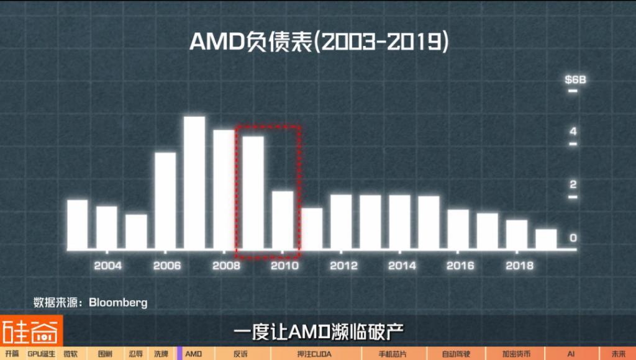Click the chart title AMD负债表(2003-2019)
coord(318,42)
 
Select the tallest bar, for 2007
coord(194,183)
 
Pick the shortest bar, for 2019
coord(546,240)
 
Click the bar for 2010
coord(282,220)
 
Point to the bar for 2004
coord(107,227)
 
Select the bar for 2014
coord(399,222)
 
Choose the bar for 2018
coord(517,235)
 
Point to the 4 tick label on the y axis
coord(573,132)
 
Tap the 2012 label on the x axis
coord(343,266)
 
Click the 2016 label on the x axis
coord(461,266)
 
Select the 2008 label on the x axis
coord(225,266)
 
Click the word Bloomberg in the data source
coord(118,303)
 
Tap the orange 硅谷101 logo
coord(31,332)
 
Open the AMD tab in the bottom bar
coord(194,354)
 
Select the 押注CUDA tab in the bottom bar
coord(314,354)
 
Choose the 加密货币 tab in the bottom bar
coord(516,354)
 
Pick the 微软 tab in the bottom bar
coord(71,354)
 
